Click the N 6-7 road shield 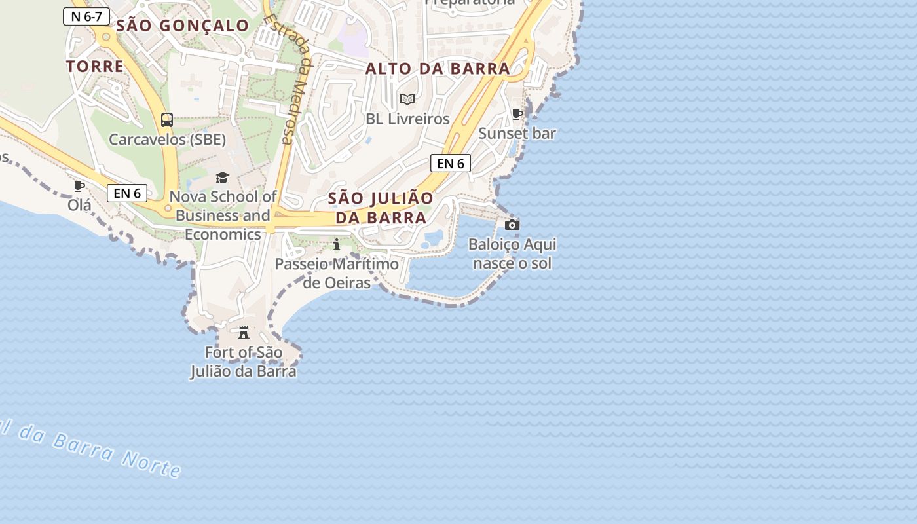point(86,16)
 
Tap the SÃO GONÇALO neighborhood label point(183,26)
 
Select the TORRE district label point(95,66)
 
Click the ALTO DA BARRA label point(438,69)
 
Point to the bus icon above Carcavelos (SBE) point(167,120)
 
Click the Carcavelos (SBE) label point(167,140)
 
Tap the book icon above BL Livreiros point(407,100)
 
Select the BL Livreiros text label point(407,119)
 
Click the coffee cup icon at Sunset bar point(517,115)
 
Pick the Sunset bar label point(517,134)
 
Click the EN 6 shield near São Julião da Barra point(451,163)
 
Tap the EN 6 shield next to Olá point(127,193)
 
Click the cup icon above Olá point(79,187)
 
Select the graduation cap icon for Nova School point(223,178)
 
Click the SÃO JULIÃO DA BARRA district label point(381,208)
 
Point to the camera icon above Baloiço point(512,225)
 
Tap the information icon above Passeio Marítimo point(337,245)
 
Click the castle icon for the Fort point(244,333)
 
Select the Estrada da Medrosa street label point(288,79)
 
